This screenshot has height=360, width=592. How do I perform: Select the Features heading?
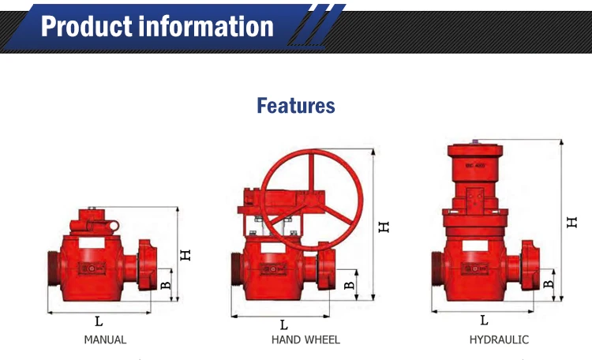pos(296,106)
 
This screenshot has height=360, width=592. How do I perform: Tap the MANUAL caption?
pos(105,339)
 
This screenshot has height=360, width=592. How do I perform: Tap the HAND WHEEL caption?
pos(305,339)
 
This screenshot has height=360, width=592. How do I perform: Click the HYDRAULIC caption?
pos(499,339)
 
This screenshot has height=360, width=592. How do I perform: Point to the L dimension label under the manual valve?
pos(99,321)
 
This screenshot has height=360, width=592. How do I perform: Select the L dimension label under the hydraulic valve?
pos(484,320)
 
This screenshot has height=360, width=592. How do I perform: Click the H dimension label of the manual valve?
pos(185,255)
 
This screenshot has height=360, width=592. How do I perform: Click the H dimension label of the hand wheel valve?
pos(384,227)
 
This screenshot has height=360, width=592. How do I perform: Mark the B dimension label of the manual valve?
pos(166,285)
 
